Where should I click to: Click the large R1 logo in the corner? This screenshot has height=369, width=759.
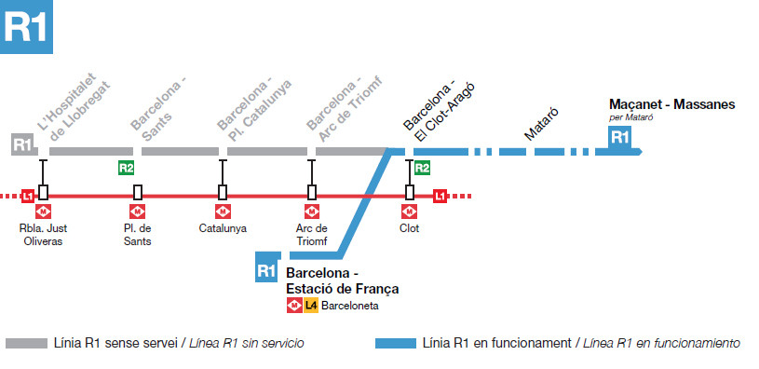tap(27, 27)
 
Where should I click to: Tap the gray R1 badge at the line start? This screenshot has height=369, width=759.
tap(23, 144)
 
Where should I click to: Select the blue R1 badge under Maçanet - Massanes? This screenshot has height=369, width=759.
tap(619, 137)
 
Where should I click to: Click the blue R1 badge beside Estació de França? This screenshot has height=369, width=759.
tap(266, 270)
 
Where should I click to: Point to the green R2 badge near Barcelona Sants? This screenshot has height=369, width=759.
tap(126, 168)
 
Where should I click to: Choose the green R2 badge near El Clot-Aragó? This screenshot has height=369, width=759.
tap(422, 168)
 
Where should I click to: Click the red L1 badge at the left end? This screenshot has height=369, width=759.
tap(28, 196)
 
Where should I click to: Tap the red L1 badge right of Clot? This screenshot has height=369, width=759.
tap(440, 196)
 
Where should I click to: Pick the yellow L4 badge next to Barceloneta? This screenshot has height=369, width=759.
tap(310, 305)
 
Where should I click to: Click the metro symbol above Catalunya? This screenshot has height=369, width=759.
tap(223, 212)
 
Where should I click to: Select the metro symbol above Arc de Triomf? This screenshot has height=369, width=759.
tap(311, 212)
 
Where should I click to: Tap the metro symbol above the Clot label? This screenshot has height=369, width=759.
tap(410, 212)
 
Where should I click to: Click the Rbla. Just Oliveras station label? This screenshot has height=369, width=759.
tap(43, 234)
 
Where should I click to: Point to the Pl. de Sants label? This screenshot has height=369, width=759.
tap(138, 234)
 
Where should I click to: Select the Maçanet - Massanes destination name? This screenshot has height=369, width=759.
tap(671, 104)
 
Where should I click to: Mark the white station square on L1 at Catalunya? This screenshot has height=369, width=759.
tap(223, 192)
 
